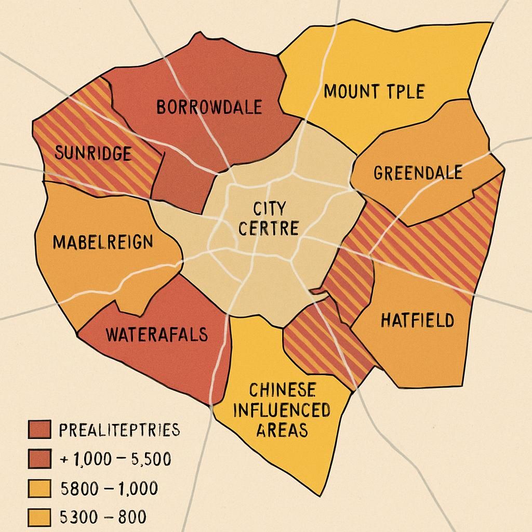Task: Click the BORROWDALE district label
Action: pos(209,108)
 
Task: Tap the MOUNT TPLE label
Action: pos(374,92)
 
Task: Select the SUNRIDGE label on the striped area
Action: pos(93,154)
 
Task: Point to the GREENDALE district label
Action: pos(418,172)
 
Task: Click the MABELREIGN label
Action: pos(103,242)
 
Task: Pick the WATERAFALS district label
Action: pos(156,334)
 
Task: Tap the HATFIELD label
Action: pos(417,320)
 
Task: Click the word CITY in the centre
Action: pos(269,209)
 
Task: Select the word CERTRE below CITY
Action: pos(268,229)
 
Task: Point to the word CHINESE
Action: pos(282,390)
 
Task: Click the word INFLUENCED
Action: pos(282,410)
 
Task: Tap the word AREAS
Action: pos(282,430)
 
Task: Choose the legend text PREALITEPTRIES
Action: pos(119,430)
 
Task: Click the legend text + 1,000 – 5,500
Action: pos(116,460)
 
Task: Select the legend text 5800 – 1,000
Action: pos(109,489)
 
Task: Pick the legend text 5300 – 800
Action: pos(103,517)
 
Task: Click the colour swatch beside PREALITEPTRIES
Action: pos(38,430)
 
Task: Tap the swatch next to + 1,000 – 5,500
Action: pos(38,459)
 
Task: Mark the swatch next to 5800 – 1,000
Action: pos(38,489)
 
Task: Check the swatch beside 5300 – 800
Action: pos(38,517)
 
